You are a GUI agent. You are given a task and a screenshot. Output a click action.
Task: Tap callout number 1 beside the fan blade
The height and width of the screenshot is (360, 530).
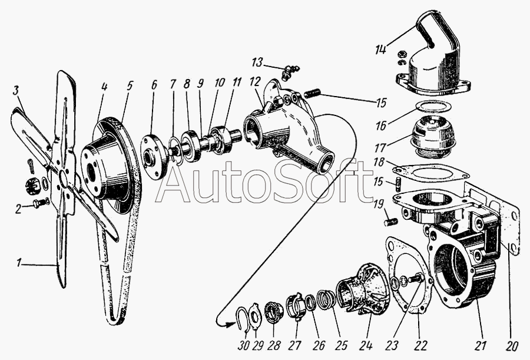[x=19, y=263]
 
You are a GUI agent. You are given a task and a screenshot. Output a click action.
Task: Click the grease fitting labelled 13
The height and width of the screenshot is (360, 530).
[x=289, y=72]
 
